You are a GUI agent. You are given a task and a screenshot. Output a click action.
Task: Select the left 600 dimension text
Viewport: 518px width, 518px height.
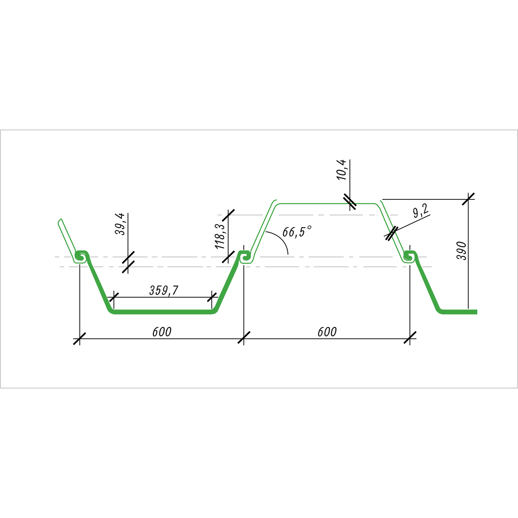(162, 332)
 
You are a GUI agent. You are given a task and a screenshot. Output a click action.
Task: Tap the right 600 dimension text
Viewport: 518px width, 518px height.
(327, 332)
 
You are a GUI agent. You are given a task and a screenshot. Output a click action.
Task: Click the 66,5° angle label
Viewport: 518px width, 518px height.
(297, 231)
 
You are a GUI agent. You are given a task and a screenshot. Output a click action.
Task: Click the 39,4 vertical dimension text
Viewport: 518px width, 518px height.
(120, 224)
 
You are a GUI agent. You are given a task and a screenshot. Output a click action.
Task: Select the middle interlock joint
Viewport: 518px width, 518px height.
(245, 257)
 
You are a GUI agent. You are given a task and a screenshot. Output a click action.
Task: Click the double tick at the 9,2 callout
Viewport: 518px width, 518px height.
(392, 233)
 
